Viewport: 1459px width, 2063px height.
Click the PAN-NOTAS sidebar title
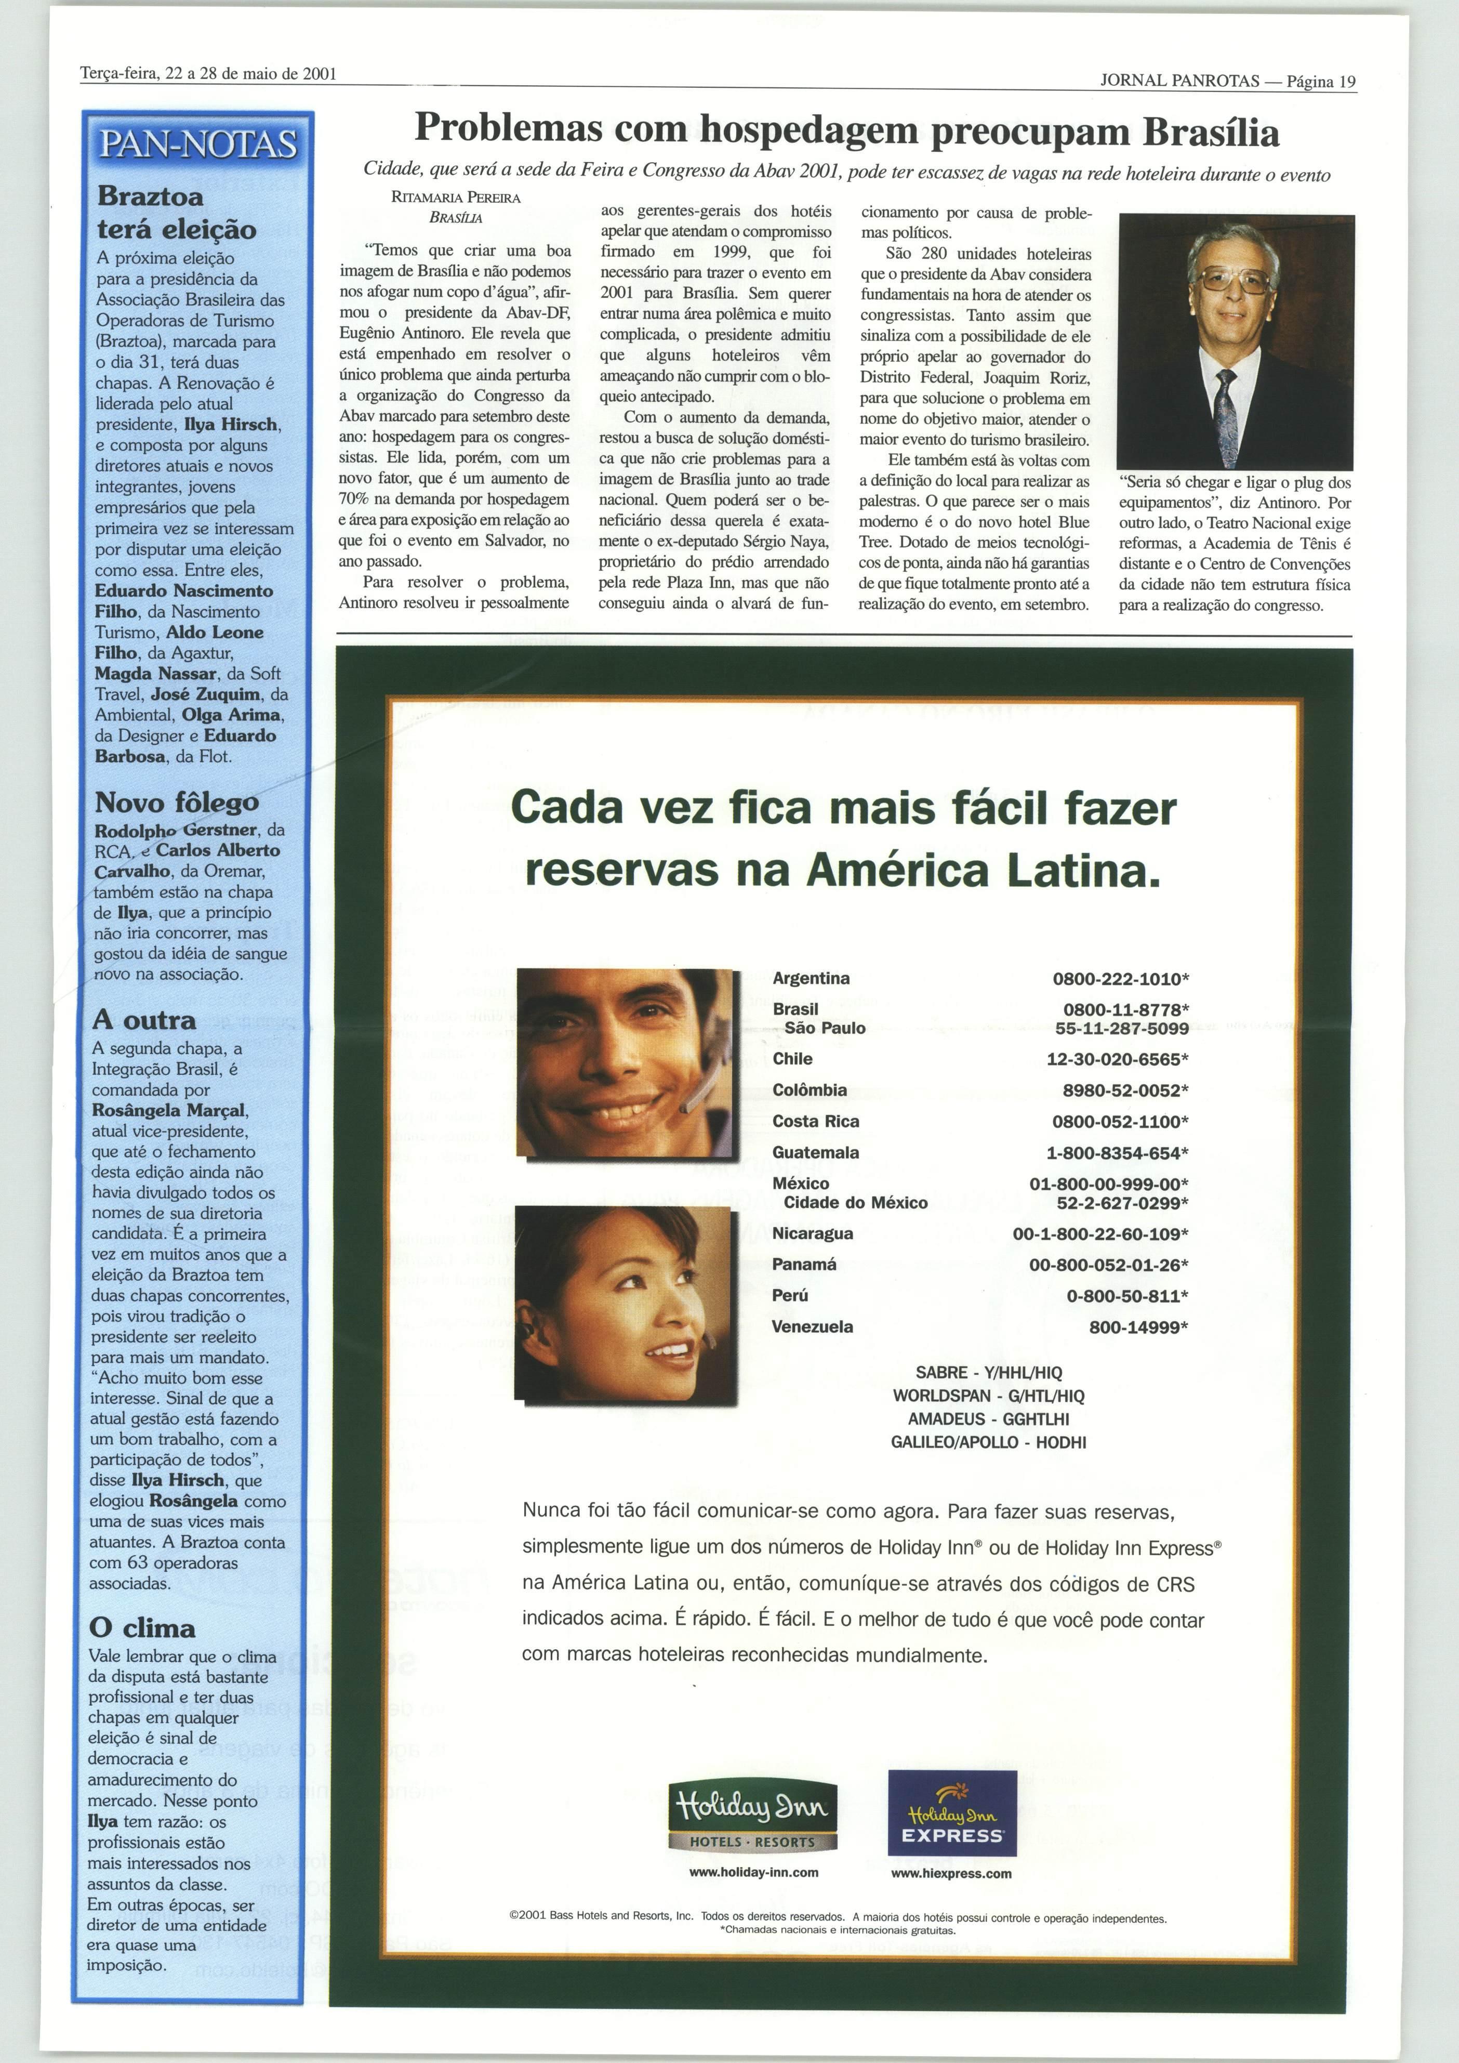click(x=197, y=144)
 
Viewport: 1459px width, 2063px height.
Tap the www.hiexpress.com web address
click(x=950, y=1873)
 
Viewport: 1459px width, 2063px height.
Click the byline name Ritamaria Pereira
click(x=456, y=198)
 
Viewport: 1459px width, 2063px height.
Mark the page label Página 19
click(x=1321, y=81)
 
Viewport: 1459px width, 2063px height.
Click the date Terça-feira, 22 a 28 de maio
click(x=207, y=74)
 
